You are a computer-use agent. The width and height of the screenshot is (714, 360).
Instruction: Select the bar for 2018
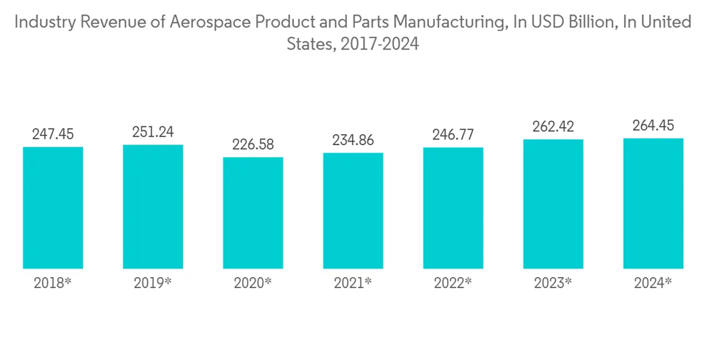(53, 208)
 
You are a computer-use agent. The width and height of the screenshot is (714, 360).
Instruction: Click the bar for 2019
(153, 206)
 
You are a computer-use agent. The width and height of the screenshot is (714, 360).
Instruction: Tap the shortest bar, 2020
(253, 213)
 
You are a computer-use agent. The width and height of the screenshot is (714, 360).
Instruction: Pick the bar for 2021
(353, 211)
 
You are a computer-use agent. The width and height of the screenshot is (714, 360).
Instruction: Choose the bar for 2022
(453, 208)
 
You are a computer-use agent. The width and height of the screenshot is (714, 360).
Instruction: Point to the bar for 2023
(553, 204)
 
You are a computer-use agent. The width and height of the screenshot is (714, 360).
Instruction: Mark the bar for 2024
(653, 203)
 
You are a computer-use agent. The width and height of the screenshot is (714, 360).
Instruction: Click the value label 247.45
(53, 134)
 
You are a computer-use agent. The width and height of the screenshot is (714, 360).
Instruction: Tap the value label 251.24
(153, 132)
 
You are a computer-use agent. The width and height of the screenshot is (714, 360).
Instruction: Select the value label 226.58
(253, 144)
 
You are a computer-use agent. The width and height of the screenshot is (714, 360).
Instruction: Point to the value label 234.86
(353, 140)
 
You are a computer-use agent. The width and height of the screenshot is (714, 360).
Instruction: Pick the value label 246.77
(453, 134)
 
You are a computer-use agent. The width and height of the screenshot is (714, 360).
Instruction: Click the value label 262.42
(553, 126)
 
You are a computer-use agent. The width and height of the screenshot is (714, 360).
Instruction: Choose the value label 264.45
(653, 126)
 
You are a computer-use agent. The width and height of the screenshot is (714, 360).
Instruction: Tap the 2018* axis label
(53, 283)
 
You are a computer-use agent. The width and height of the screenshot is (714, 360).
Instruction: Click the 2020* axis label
(253, 283)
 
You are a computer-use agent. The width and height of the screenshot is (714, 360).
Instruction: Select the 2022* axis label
(453, 283)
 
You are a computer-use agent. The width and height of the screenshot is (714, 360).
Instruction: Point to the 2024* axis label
(653, 283)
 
